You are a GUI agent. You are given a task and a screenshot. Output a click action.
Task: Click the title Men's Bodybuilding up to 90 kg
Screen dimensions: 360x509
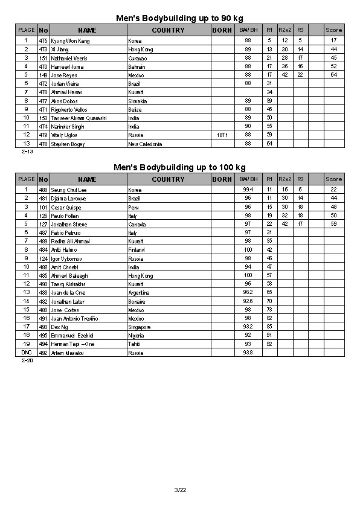[x=180, y=18]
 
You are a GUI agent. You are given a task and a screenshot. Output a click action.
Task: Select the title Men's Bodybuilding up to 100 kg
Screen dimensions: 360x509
[x=180, y=167]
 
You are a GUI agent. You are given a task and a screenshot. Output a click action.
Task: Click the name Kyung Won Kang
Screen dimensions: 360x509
[x=70, y=40]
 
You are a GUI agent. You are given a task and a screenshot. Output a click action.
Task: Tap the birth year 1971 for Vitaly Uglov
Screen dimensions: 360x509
[x=222, y=135]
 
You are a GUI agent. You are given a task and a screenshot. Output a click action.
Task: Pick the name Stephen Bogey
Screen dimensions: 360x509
[x=68, y=144]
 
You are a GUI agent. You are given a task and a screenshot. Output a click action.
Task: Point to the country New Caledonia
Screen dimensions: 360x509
[x=145, y=144]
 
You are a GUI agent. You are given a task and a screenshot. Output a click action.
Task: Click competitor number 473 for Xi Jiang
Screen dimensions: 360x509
[x=43, y=49]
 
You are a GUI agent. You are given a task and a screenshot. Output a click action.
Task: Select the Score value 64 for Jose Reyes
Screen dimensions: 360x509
[x=333, y=75]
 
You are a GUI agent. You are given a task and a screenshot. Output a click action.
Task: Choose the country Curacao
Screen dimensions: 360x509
[x=138, y=58]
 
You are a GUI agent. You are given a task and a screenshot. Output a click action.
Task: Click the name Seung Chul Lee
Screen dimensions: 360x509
[x=69, y=190]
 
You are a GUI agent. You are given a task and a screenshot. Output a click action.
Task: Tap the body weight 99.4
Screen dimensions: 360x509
[x=248, y=190]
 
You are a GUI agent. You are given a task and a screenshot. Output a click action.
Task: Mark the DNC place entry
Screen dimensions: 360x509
[x=26, y=352]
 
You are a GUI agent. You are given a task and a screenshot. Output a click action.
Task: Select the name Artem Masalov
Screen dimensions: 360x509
[x=68, y=353]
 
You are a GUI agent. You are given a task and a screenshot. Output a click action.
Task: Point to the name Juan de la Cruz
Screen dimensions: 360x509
[x=69, y=293]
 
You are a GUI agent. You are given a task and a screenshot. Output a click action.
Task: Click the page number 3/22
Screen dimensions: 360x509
[x=180, y=490]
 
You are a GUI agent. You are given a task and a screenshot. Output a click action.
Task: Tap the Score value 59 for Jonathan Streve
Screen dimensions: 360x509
[x=333, y=224]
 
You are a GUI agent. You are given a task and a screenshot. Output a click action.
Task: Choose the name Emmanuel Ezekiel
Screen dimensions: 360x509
[x=72, y=336]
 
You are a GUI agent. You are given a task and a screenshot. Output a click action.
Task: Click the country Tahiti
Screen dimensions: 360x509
[x=135, y=344]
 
